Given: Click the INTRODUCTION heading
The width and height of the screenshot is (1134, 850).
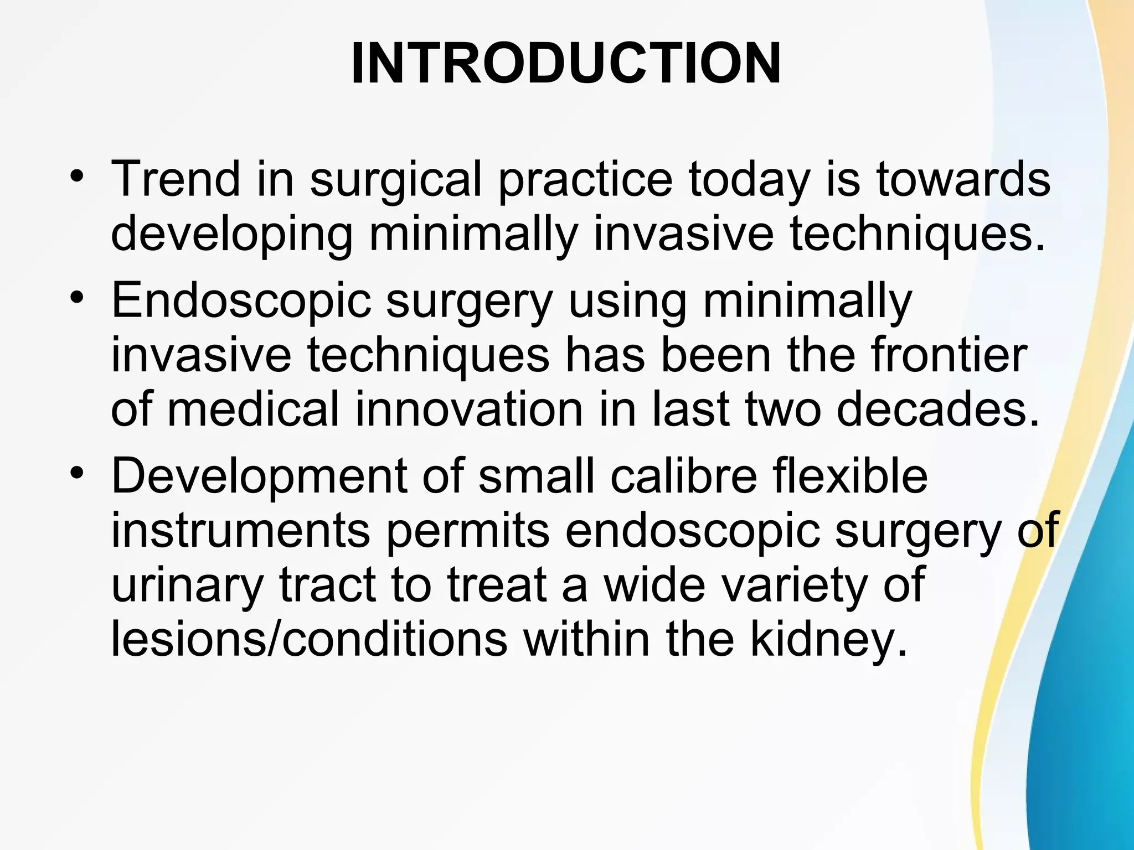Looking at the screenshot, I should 566,64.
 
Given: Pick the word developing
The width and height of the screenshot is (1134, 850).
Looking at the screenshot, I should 231,235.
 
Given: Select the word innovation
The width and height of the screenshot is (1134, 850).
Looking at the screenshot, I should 468,410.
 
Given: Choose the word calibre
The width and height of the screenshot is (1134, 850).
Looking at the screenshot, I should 683,476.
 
